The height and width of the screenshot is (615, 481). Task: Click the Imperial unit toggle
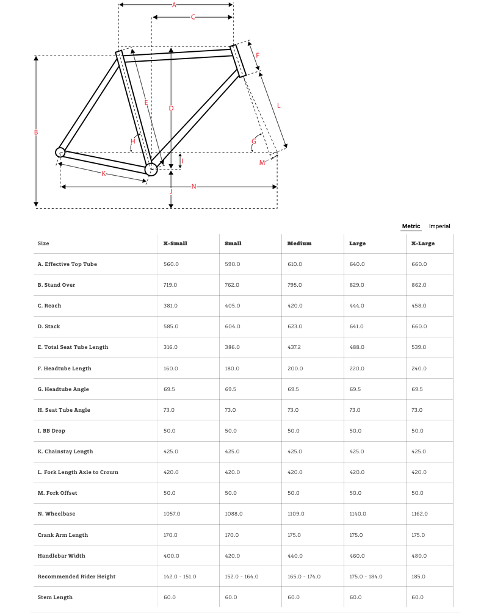coord(439,226)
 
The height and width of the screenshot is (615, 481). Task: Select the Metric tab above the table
coord(411,226)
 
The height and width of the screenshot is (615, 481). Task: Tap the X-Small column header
coord(175,243)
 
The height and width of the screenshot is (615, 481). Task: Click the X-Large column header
coord(423,243)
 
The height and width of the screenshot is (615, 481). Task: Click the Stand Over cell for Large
coord(356,285)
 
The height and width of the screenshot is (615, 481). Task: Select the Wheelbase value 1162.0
coord(420,514)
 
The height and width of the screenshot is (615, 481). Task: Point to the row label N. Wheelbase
coord(57,514)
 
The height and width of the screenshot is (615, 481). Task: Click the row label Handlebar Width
coord(61,556)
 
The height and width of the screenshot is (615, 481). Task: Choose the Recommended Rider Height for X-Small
coord(179,577)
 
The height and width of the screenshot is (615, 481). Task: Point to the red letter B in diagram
coord(36,132)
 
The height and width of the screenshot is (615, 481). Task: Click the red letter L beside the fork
coord(278,106)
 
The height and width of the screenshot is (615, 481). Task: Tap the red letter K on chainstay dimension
coord(104,173)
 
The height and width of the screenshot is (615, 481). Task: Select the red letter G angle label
coord(253,142)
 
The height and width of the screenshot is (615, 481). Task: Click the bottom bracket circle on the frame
coord(151,168)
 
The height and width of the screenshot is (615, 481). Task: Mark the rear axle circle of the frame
coord(60,152)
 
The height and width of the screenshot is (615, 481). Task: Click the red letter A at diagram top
coord(174,5)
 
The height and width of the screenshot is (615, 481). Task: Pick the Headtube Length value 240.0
coord(420,369)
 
